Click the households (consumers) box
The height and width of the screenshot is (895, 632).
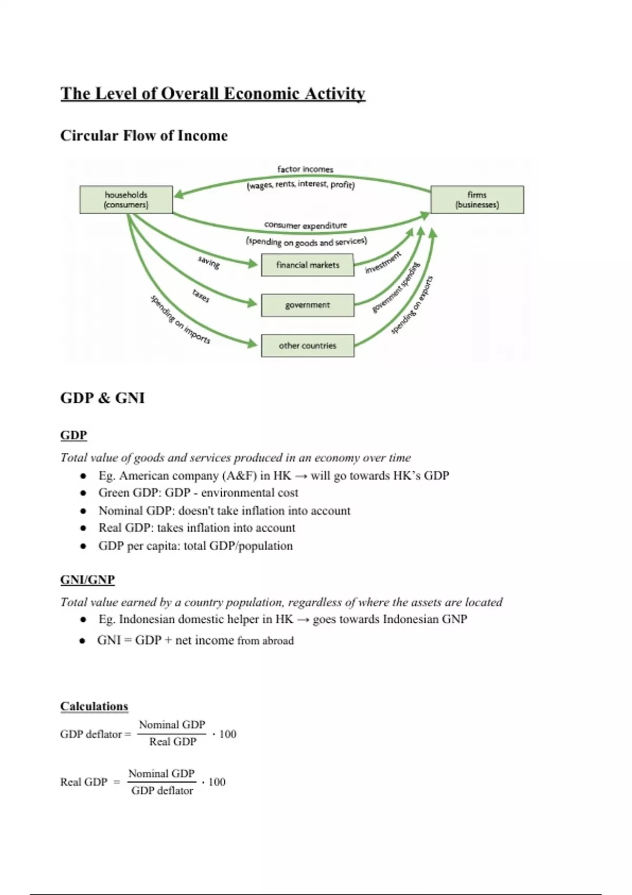[x=126, y=200]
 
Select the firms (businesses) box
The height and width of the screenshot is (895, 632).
[x=477, y=200]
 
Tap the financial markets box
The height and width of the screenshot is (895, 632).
[x=308, y=265]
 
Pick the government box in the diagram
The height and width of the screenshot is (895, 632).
[x=308, y=305]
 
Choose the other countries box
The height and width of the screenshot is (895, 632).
[x=308, y=346]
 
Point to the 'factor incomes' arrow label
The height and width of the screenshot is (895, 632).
[x=305, y=169]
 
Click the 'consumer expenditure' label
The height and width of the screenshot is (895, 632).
[x=305, y=225]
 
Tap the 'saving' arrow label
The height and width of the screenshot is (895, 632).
[x=209, y=262]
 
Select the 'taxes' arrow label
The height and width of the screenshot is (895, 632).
[x=201, y=296]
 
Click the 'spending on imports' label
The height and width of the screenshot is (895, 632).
[x=181, y=320]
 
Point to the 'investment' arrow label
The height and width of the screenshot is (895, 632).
[x=383, y=262]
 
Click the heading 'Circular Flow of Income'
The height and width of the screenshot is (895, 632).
[x=144, y=136]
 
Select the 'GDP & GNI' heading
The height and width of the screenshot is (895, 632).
[x=102, y=398]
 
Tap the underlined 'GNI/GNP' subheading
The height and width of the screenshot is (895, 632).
[x=87, y=580]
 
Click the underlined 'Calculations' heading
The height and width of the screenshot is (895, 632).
[x=94, y=707]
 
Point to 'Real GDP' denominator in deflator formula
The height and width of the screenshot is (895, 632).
[x=172, y=742]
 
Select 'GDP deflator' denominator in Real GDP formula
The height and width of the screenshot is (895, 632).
[x=162, y=791]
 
